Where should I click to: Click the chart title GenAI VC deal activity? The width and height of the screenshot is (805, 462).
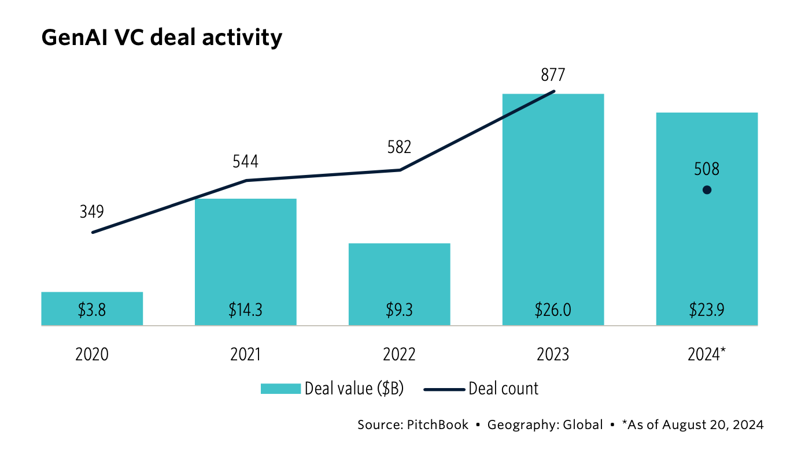point(162,38)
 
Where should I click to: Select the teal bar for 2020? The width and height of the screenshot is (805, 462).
point(92,300)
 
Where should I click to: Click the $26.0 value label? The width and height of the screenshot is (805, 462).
point(553,310)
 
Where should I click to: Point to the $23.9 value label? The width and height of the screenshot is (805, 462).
point(707,310)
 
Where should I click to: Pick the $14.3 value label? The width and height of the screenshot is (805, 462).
point(246,310)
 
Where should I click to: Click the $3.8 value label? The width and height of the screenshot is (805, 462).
point(92,310)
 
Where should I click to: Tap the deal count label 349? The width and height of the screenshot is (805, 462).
point(92,211)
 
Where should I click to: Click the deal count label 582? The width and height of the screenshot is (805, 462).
point(399,147)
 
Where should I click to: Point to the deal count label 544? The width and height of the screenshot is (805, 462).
point(246,161)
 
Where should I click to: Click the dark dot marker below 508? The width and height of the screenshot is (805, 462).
point(707,190)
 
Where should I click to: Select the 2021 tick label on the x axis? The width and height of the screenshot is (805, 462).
point(246,354)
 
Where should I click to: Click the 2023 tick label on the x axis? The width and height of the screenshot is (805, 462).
point(553,354)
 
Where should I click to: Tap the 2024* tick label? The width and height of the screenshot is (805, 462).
point(707,354)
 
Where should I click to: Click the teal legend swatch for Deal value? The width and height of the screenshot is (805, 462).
point(280,389)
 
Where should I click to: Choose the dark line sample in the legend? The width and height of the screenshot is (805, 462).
point(444,389)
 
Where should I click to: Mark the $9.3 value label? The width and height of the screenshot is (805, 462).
point(400,310)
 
